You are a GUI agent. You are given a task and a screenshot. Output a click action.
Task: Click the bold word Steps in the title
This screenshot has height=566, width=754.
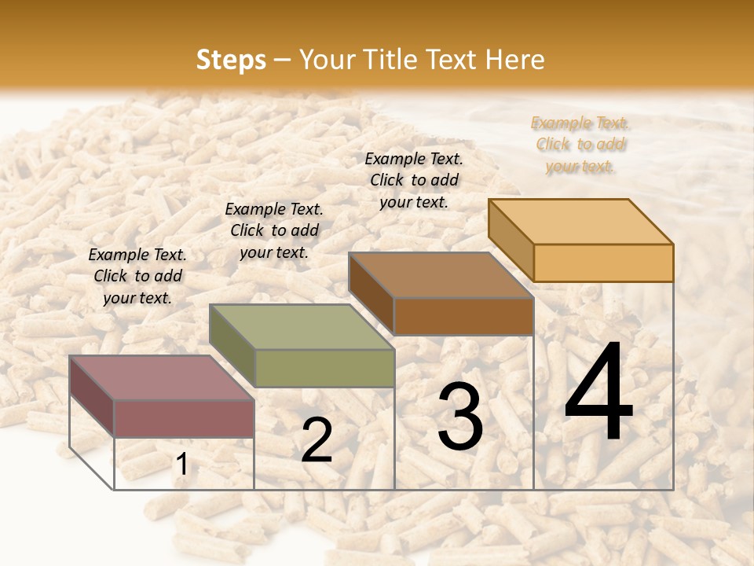[231, 60]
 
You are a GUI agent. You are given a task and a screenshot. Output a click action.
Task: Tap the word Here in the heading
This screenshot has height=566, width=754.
[514, 60]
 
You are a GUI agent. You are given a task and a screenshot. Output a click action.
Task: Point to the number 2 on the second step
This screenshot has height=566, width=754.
[317, 440]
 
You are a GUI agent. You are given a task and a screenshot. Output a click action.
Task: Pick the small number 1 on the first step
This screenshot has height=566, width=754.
[181, 465]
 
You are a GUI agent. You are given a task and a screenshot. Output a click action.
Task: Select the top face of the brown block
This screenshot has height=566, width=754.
[441, 275]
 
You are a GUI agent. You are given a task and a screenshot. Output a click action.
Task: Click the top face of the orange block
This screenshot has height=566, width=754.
[580, 222]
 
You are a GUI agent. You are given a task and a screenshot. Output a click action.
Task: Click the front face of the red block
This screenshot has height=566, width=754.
[184, 418]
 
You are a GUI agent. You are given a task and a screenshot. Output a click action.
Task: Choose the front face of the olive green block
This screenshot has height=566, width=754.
[324, 368]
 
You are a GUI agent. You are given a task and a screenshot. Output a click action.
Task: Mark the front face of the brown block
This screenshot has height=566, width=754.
[463, 317]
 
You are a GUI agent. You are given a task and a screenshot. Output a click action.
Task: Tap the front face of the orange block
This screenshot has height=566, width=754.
[603, 263]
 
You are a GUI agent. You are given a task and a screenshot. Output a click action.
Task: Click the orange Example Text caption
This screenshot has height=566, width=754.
[580, 145]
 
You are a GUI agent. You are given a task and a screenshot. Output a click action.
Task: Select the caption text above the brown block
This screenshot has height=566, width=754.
[414, 180]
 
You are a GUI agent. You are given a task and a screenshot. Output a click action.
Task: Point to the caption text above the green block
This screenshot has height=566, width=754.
[274, 230]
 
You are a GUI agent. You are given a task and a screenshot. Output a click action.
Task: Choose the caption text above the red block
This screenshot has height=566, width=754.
[137, 276]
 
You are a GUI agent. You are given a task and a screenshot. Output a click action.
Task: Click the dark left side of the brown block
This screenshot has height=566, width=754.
[371, 292]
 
